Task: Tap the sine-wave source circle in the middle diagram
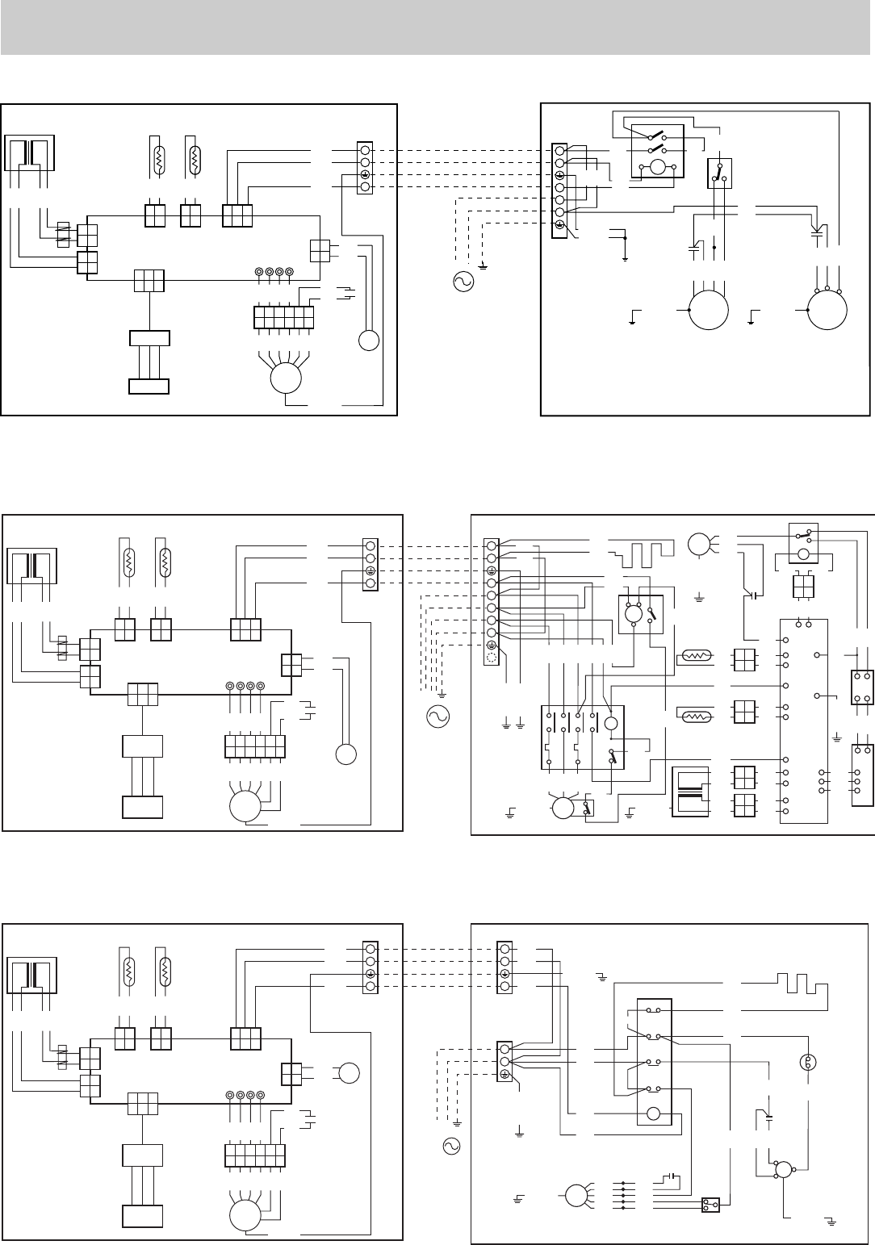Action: pyautogui.click(x=437, y=715)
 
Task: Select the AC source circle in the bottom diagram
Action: pyautogui.click(x=451, y=1145)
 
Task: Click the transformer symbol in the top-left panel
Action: pyautogui.click(x=31, y=154)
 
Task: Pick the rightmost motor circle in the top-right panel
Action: pyautogui.click(x=829, y=309)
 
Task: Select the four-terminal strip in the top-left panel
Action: pyautogui.click(x=365, y=169)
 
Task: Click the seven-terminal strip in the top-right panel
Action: pyautogui.click(x=559, y=191)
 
